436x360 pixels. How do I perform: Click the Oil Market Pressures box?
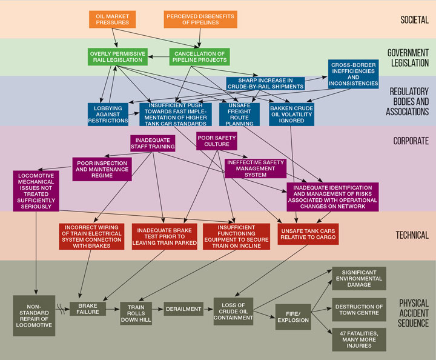tap(113, 19)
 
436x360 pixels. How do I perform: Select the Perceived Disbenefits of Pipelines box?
tap(195, 19)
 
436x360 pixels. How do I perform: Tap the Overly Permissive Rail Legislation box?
tap(117, 58)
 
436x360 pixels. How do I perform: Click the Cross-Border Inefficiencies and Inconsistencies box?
tap(354, 73)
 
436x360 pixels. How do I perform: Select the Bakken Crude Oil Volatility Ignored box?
tap(292, 115)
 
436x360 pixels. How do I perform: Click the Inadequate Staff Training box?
tap(151, 143)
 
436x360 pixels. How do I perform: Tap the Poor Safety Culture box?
tap(216, 141)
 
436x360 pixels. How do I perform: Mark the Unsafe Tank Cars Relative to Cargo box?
tap(308, 234)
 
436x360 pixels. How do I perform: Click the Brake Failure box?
tap(88, 308)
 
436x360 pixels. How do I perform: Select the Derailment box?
tap(183, 309)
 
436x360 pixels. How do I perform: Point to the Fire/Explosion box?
tap(292, 316)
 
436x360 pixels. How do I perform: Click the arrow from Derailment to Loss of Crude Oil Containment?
tap(207, 309)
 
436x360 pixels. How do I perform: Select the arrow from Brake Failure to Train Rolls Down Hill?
tap(113, 309)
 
